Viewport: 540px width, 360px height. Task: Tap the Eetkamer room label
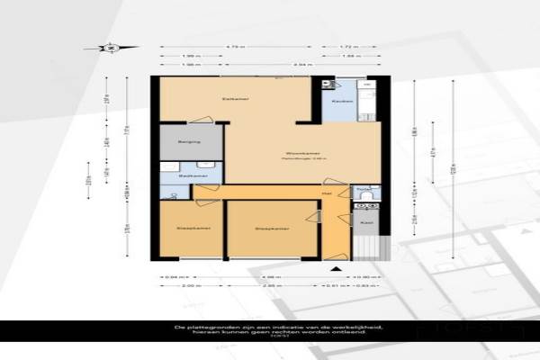coord(237,97)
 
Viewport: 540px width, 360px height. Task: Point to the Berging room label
coord(187,142)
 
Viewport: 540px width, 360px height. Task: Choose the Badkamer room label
coord(187,175)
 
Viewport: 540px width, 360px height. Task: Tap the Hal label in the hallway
coord(328,193)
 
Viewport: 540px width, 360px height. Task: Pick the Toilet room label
coord(364,191)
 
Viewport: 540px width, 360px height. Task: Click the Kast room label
coord(366,220)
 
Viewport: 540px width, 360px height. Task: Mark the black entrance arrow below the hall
coord(335,267)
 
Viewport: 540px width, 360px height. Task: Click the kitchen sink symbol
coord(330,85)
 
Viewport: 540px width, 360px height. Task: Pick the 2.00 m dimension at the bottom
coord(188,285)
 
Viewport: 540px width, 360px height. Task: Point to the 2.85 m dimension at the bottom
coord(268,285)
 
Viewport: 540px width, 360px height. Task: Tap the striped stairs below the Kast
coord(366,245)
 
